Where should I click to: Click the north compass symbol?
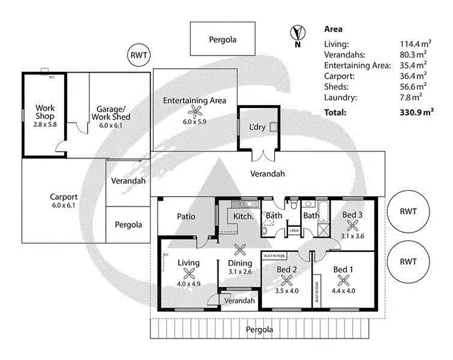[296, 33]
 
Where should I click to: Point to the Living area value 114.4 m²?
[414, 44]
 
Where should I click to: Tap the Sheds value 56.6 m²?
[414, 86]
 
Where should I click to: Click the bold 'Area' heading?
[334, 28]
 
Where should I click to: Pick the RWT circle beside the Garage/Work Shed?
[138, 56]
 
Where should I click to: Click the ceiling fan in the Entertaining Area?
[194, 111]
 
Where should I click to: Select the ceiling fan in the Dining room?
[240, 250]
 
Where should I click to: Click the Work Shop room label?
[45, 112]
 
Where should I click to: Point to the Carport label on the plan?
[64, 197]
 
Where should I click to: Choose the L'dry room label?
[257, 127]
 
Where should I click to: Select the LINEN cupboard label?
[294, 231]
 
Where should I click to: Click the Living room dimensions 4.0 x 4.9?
[188, 284]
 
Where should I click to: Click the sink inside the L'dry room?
[274, 127]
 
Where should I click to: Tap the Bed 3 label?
[353, 215]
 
